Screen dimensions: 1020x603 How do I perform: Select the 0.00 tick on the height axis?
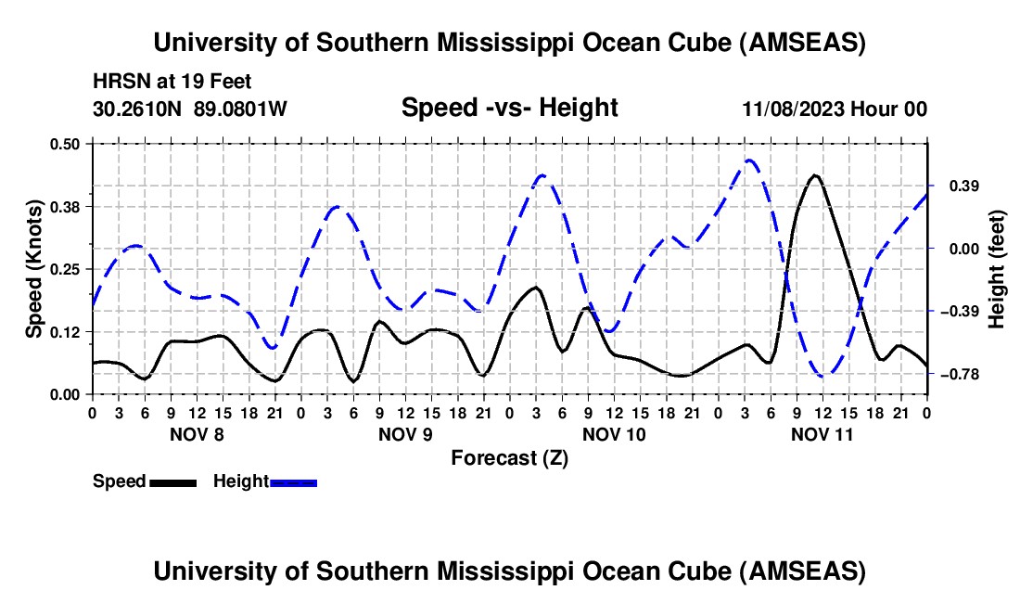[x=964, y=249]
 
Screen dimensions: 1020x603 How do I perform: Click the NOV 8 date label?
[x=197, y=434]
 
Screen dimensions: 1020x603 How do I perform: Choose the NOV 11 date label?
[x=822, y=434]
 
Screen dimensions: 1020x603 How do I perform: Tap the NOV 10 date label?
[x=614, y=434]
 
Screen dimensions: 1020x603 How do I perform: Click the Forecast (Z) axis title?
[x=509, y=458]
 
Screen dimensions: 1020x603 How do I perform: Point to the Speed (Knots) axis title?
[x=33, y=269]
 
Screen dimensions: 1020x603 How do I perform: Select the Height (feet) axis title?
[x=997, y=269]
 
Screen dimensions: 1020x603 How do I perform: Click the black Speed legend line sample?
[x=173, y=482]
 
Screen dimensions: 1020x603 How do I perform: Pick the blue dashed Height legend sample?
[x=293, y=482]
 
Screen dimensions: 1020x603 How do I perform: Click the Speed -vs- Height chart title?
[x=509, y=108]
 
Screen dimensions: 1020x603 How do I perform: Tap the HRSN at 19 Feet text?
[x=172, y=82]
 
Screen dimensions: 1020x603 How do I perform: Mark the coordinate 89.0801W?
[x=240, y=109]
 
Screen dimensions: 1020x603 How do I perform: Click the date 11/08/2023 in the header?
[x=794, y=109]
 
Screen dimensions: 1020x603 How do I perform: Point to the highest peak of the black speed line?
[x=814, y=175]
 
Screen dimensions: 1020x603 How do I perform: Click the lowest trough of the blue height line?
[x=823, y=376]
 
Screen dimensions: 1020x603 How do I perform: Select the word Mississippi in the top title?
[x=505, y=43]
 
